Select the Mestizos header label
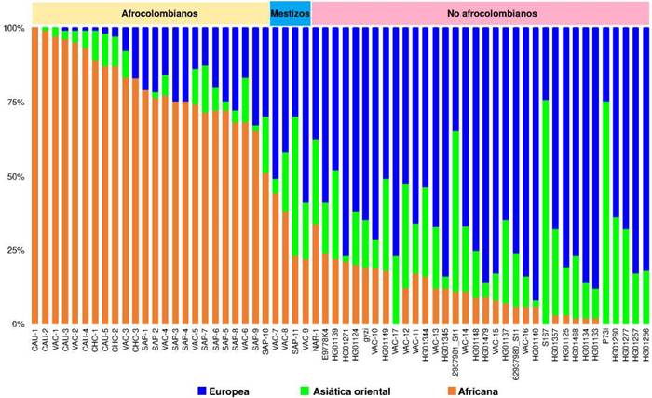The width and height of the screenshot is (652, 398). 290,14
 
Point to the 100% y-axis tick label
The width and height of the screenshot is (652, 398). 16,29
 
